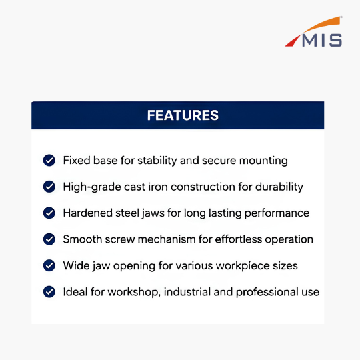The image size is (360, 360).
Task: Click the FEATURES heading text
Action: pos(183,115)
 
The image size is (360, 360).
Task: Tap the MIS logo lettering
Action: pos(322,41)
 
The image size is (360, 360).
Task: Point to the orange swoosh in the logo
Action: pos(322,24)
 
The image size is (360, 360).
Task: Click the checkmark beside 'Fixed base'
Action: pos(49,160)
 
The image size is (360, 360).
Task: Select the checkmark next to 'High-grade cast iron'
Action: pos(49,187)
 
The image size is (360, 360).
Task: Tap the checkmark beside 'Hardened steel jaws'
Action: pos(49,213)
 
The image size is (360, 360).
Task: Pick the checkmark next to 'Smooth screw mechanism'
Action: pos(49,239)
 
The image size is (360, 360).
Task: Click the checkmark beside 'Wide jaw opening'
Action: pos(49,265)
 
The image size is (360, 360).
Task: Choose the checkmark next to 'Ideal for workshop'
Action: pos(49,292)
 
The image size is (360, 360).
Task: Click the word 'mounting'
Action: pos(263,161)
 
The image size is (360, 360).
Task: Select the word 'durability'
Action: pos(279,187)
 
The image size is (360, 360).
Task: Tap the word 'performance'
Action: pos(277,214)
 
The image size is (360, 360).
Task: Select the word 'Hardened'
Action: pos(88,213)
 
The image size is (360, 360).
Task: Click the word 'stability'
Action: pos(157,161)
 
